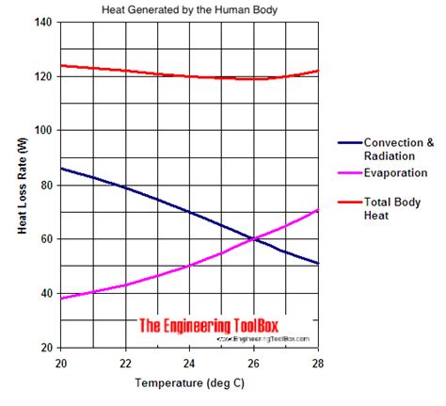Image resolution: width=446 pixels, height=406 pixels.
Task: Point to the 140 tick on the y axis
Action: click(43, 22)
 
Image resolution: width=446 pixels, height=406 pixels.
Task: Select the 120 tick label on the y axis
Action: click(43, 76)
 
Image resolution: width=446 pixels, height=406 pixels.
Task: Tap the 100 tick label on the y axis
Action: click(43, 130)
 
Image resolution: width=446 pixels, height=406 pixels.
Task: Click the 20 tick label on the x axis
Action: click(61, 364)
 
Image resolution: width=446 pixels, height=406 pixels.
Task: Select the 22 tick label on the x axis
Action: click(125, 364)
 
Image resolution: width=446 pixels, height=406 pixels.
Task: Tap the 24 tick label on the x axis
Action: click(190, 364)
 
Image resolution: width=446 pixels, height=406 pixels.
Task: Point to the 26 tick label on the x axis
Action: click(254, 364)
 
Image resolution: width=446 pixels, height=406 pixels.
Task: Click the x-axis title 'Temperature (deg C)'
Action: click(190, 384)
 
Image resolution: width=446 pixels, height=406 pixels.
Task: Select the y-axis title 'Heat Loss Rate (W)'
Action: click(20, 185)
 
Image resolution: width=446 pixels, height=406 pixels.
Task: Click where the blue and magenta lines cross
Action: click(253, 238)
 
